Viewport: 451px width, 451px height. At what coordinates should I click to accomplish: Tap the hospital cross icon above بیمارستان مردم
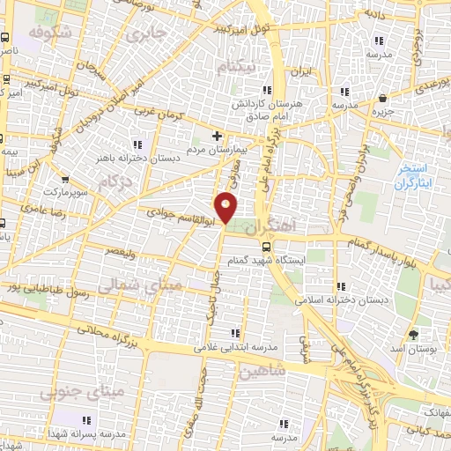click(x=218, y=136)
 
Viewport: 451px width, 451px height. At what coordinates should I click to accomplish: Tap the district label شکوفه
click(x=48, y=33)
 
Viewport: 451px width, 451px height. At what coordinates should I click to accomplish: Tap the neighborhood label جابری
click(x=145, y=34)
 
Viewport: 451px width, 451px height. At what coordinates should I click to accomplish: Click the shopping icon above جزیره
click(x=381, y=98)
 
